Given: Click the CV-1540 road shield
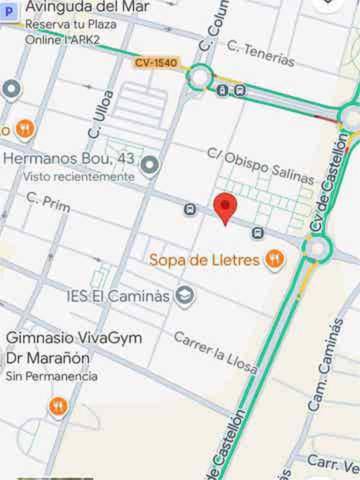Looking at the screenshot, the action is tap(156, 63).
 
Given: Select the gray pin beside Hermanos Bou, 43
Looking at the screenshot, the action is tap(150, 165).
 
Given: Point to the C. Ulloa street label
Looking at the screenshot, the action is tap(97, 118).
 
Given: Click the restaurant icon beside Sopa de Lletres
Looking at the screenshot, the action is tap(274, 260).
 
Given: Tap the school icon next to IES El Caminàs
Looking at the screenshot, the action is tap(185, 295).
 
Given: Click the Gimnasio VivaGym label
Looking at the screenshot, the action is tap(74, 338).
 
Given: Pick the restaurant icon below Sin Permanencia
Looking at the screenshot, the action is tap(58, 407).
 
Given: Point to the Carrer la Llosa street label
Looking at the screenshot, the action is tap(215, 353).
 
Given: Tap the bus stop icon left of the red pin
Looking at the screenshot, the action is tap(190, 209).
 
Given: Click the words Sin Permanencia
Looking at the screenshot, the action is tap(52, 377).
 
